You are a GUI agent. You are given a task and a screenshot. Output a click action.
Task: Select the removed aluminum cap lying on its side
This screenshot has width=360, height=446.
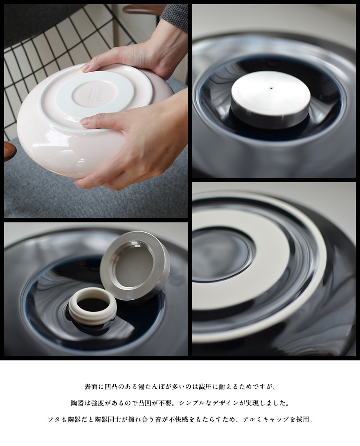(135, 266)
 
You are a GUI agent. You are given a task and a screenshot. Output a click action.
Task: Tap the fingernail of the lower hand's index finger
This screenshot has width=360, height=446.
(85, 121)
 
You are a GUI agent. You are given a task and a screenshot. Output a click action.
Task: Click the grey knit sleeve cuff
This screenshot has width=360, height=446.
(175, 16)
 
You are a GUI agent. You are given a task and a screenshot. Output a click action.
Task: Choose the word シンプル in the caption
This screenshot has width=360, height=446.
(193, 403)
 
